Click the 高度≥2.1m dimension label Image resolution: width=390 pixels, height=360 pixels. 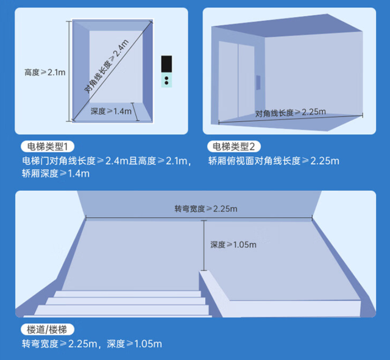[x=44, y=72]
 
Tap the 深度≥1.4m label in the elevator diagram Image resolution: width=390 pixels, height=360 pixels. [x=111, y=111]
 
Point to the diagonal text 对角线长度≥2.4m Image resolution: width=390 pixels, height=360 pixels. [x=107, y=66]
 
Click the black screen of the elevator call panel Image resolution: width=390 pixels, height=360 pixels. [x=166, y=64]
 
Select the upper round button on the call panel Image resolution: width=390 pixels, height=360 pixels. [x=166, y=78]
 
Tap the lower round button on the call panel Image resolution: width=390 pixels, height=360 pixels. [x=166, y=83]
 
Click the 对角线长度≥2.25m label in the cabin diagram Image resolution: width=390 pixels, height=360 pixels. [x=291, y=113]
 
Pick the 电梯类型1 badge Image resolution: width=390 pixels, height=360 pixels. [x=48, y=147]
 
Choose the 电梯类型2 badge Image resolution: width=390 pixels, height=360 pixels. [x=234, y=147]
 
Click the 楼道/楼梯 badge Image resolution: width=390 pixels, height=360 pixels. [x=48, y=330]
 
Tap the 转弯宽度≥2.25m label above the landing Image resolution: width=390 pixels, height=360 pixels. [x=206, y=209]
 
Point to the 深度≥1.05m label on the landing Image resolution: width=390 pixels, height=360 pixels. [x=233, y=245]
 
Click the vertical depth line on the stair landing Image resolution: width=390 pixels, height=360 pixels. [x=204, y=245]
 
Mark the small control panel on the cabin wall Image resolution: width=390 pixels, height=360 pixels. [x=258, y=82]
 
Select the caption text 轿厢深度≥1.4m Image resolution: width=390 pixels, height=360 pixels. [x=55, y=173]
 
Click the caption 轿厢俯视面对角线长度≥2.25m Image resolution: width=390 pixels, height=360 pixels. [x=274, y=161]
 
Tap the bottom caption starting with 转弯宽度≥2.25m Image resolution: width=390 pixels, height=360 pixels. [x=92, y=344]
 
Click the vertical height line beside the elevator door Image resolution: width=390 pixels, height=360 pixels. [x=69, y=71]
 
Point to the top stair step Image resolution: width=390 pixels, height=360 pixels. [x=127, y=294]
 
